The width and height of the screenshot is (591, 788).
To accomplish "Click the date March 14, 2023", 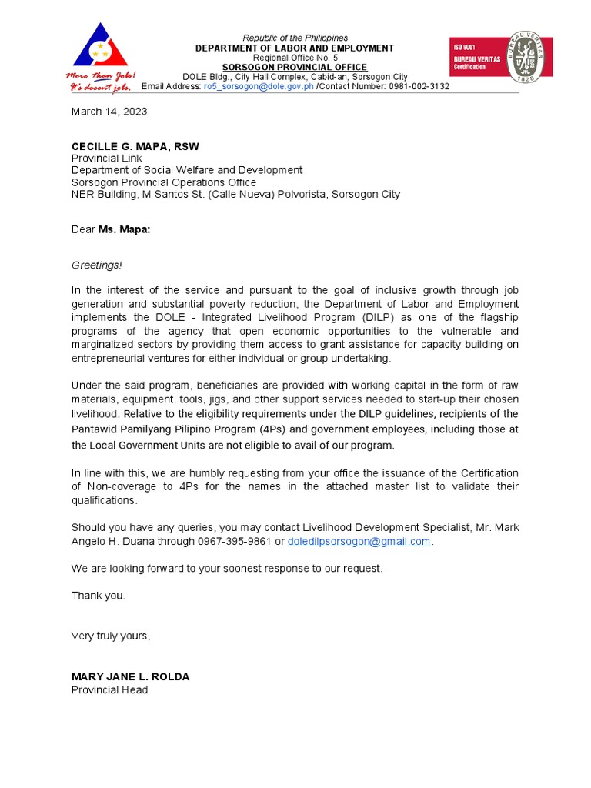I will pyautogui.click(x=109, y=112).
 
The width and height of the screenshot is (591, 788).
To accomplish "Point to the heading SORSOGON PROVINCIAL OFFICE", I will pyautogui.click(x=295, y=68).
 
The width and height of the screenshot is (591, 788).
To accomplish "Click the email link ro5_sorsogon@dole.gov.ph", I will pyautogui.click(x=259, y=87).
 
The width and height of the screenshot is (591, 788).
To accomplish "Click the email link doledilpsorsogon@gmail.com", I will pyautogui.click(x=359, y=542).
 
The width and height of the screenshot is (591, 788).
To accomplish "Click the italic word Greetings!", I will pyautogui.click(x=97, y=265).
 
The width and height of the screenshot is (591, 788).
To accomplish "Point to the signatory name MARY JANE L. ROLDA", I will pyautogui.click(x=130, y=677).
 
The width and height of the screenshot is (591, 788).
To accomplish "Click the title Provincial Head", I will pyautogui.click(x=109, y=690).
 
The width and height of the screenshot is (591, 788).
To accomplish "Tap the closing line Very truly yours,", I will pyautogui.click(x=111, y=636).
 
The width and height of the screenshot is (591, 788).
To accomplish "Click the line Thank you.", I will pyautogui.click(x=98, y=596).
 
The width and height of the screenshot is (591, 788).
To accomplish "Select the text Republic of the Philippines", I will pyautogui.click(x=295, y=38).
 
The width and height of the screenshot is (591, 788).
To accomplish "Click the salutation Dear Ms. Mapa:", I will pyautogui.click(x=111, y=229).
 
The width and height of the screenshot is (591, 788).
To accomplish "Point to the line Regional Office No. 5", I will pyautogui.click(x=295, y=58).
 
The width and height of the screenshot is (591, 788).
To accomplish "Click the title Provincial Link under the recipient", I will pyautogui.click(x=106, y=159).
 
